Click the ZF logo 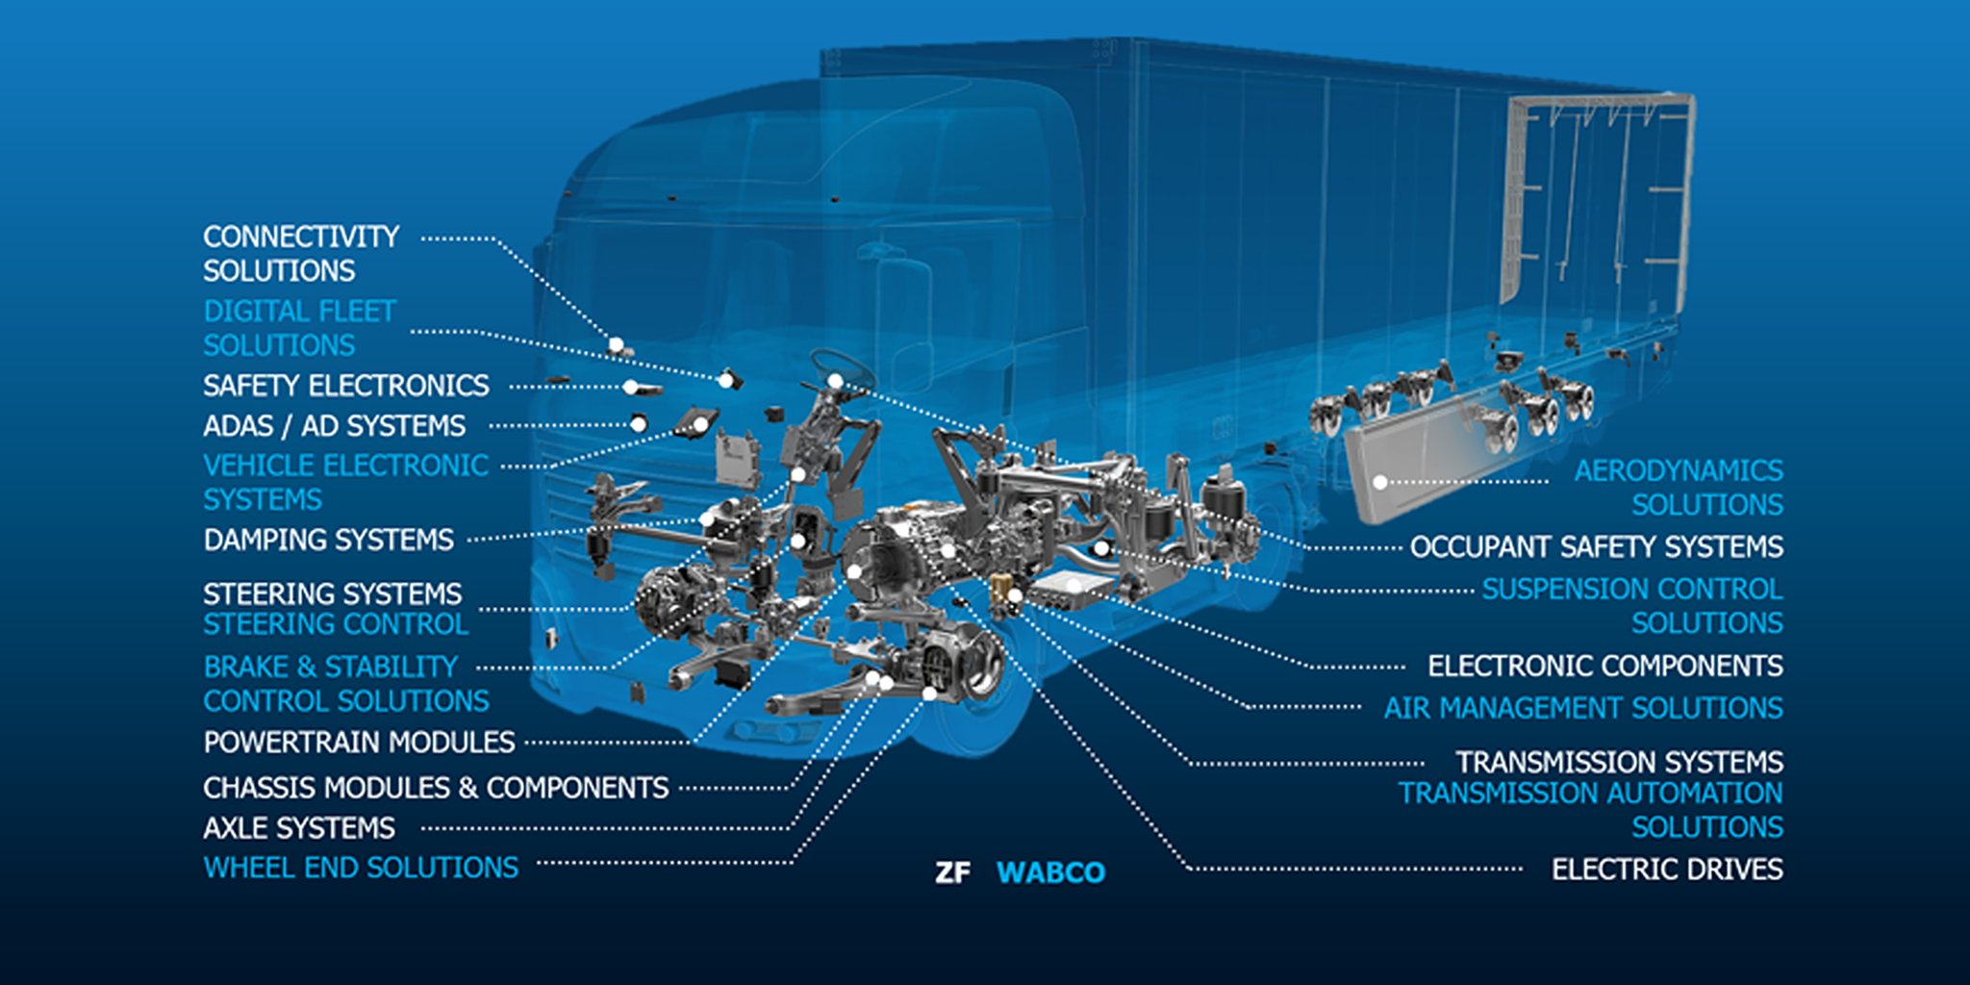click(x=952, y=872)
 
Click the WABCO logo click(x=1050, y=872)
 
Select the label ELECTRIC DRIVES click(x=1666, y=870)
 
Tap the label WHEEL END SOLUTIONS click(x=361, y=868)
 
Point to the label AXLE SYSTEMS click(x=299, y=828)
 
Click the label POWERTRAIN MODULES click(x=359, y=743)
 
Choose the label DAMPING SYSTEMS click(x=328, y=541)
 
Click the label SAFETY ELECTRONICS click(x=345, y=386)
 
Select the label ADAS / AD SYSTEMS click(x=334, y=426)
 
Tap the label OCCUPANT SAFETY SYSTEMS click(x=1596, y=547)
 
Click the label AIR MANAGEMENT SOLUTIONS click(x=1582, y=709)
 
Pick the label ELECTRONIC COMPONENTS click(x=1604, y=666)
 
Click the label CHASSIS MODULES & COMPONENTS click(x=435, y=788)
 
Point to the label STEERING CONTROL click(x=336, y=625)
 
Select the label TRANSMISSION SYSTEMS click(x=1619, y=763)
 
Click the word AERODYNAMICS click(x=1678, y=471)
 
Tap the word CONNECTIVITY click(x=301, y=237)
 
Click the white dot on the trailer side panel click(x=1379, y=482)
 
